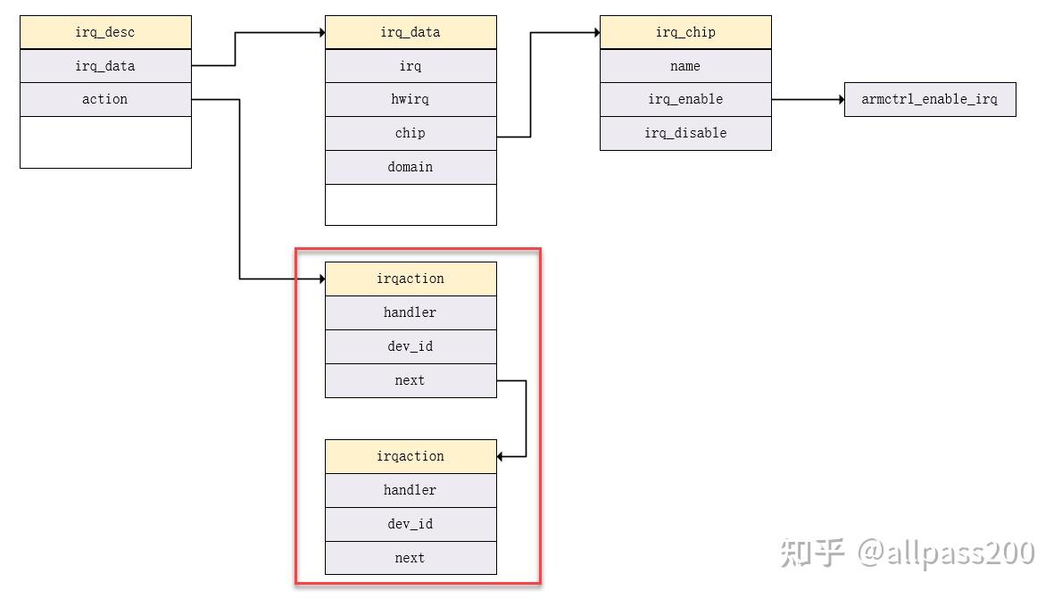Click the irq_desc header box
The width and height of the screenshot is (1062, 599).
[x=105, y=32]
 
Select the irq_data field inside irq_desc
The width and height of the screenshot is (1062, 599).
[x=105, y=66]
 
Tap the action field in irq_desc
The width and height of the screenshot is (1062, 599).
[x=105, y=99]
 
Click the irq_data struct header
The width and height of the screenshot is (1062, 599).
[x=411, y=32]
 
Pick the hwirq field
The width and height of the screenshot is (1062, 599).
[x=411, y=99]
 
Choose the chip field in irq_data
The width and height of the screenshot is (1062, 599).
[x=411, y=133]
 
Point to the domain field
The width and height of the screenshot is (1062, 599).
[x=411, y=167]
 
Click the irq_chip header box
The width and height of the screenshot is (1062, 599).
[x=685, y=32]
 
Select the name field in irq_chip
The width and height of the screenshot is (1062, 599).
[x=685, y=66]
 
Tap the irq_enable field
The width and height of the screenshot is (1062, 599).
[x=685, y=99]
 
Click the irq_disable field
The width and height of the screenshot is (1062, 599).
[x=685, y=133]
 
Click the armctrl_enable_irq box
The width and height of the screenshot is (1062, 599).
[x=930, y=99]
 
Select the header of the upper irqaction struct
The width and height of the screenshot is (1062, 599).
[x=411, y=279]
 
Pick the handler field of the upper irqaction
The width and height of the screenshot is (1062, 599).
[x=411, y=312]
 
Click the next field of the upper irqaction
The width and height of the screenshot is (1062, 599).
[x=411, y=380]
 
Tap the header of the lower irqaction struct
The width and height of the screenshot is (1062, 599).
[x=411, y=456]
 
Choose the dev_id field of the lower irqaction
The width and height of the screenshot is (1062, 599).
[x=411, y=524]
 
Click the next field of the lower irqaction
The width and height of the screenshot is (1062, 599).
[x=411, y=558]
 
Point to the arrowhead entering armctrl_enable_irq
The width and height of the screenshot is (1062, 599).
[x=840, y=99]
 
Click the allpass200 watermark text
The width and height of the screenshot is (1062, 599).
[x=946, y=553]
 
